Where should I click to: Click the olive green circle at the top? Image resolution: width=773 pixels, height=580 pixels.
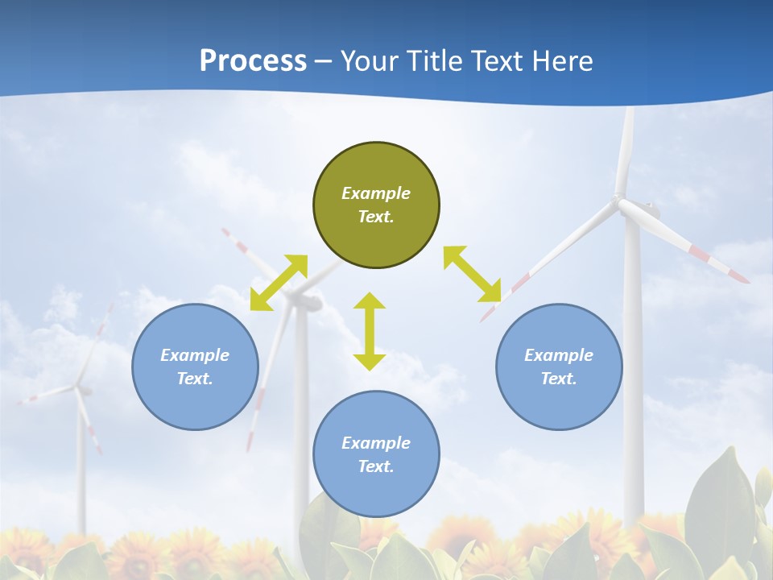(376, 205)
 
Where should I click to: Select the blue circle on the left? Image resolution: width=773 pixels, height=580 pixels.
(195, 367)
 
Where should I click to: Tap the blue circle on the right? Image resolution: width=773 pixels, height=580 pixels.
(559, 367)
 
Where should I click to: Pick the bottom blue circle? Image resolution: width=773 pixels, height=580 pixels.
(376, 454)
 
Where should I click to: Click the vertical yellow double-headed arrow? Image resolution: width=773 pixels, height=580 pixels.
(370, 331)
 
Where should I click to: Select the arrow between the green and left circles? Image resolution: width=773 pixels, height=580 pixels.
(279, 282)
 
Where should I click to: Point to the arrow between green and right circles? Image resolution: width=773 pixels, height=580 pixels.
(472, 274)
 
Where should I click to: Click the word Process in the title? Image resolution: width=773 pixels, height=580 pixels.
(253, 60)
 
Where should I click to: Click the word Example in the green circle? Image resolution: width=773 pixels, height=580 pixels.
(376, 193)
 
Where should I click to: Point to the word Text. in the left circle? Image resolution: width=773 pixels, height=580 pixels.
(195, 379)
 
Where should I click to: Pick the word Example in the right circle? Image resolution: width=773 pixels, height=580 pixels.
(559, 355)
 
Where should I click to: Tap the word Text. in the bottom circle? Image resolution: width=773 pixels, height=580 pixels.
(376, 466)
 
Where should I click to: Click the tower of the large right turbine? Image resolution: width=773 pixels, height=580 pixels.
(633, 362)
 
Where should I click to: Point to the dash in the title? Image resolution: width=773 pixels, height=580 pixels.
(324, 60)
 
